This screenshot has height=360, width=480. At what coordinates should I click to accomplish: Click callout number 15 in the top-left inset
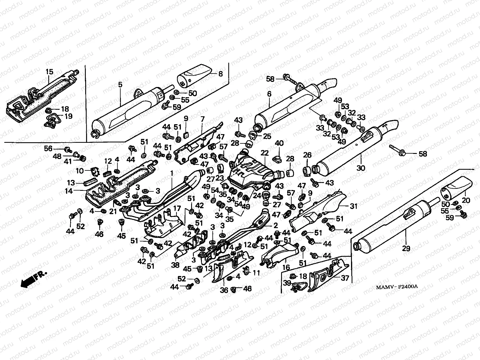pos(49,72)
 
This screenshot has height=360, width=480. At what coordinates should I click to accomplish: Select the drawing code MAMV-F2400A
pos(397,287)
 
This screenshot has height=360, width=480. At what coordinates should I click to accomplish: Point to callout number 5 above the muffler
pos(120,85)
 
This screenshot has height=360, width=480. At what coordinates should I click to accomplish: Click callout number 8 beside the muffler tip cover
pos(220,73)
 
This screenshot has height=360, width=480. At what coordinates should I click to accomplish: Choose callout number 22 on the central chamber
pos(264,153)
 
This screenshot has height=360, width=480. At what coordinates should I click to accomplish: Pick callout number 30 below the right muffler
pos(361,168)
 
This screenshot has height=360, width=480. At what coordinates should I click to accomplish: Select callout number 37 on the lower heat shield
pos(345,278)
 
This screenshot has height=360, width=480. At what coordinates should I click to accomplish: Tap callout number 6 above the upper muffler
pos(269,94)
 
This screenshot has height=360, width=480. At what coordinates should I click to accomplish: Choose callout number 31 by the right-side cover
pos(354,206)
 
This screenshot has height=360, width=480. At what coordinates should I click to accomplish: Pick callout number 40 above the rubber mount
pos(279,143)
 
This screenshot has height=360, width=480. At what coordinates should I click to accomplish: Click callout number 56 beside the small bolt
pos(48,148)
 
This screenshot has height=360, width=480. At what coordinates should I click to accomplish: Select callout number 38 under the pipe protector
pos(175,265)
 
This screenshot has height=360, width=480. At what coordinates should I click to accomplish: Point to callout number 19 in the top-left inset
pos(68,116)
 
